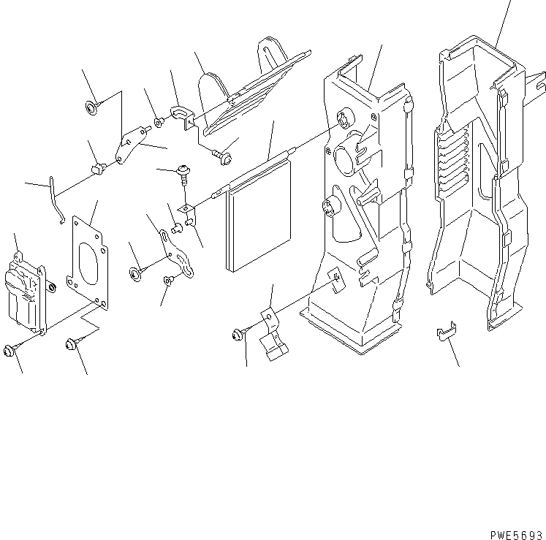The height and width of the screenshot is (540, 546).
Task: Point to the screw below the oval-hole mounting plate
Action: click(73, 341)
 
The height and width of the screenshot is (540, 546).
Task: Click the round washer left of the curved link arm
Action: click(137, 273)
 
